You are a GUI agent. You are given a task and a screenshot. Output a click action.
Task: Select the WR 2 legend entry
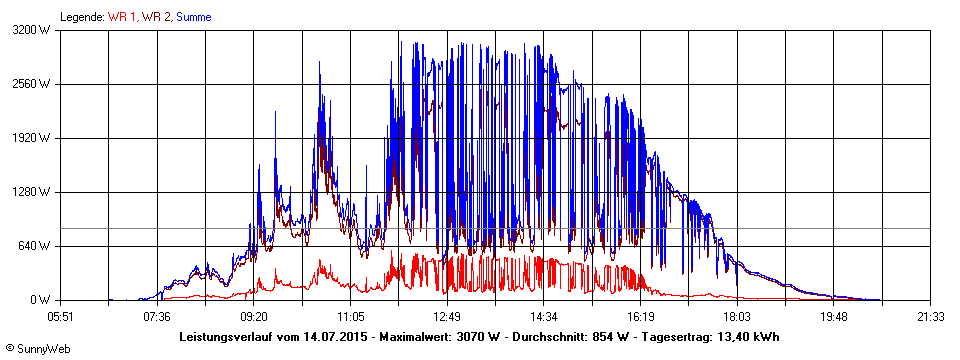157,17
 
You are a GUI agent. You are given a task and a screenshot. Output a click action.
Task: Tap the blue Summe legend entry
194,17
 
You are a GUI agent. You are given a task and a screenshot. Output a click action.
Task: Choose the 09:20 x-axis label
253,316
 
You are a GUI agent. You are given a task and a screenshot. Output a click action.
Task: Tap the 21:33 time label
930,316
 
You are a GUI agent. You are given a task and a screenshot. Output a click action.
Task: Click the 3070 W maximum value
481,336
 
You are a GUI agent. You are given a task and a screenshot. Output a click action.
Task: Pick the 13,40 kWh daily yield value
748,336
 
